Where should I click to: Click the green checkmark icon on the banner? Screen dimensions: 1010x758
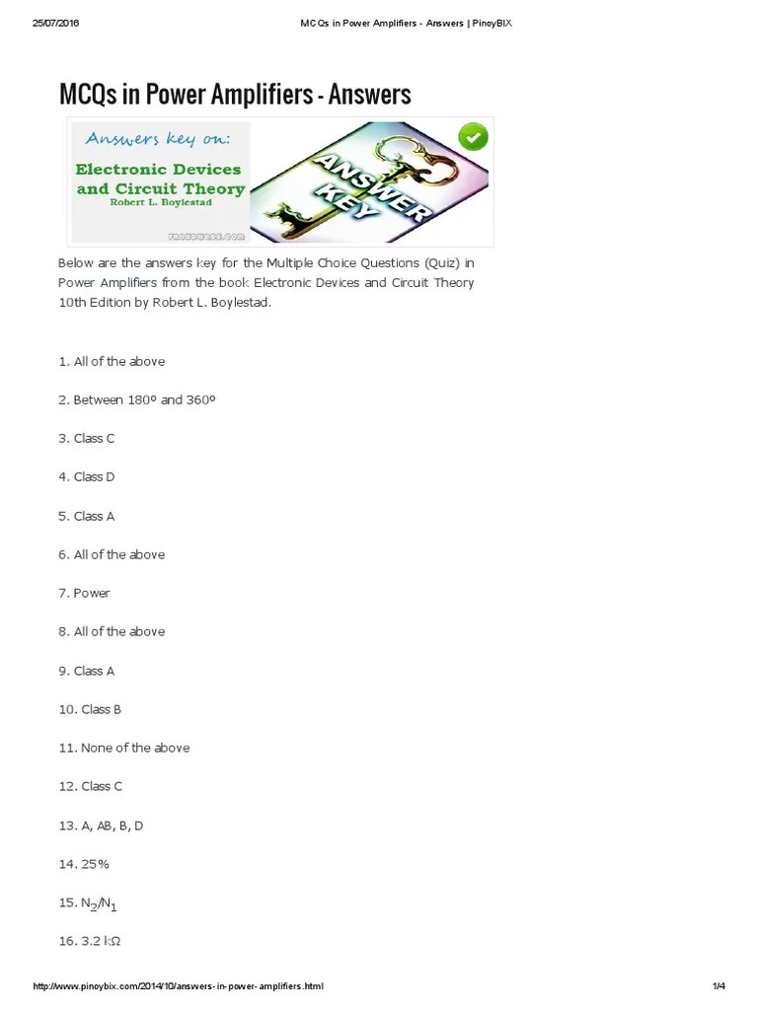coord(474,137)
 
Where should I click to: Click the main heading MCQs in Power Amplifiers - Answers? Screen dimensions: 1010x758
coord(235,95)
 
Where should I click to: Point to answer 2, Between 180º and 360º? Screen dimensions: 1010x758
coord(136,399)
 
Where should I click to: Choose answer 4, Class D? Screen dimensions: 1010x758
coord(87,477)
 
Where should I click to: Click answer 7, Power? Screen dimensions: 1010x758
coord(84,593)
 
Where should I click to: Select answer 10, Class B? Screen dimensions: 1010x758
coord(90,709)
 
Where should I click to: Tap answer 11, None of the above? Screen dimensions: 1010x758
coord(123,748)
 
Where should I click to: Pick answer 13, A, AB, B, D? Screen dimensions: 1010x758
coord(101,826)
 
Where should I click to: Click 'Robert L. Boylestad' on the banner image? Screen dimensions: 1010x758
coord(160,202)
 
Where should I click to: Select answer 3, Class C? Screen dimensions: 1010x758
coord(87,438)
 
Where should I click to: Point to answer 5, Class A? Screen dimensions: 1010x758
coord(87,516)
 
